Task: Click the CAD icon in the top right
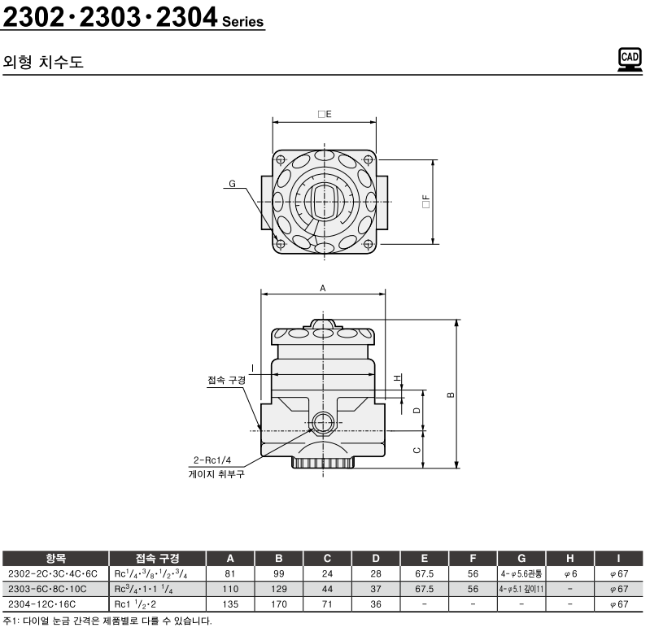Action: click(630, 59)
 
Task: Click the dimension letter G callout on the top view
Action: click(232, 184)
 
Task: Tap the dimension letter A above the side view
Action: click(323, 289)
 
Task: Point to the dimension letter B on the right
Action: click(451, 394)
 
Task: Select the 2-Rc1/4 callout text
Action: click(212, 460)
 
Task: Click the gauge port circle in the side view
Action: click(323, 424)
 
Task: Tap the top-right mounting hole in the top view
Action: click(368, 159)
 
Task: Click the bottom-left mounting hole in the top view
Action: click(280, 244)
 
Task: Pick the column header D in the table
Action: click(376, 558)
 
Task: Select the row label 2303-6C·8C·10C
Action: click(47, 589)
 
